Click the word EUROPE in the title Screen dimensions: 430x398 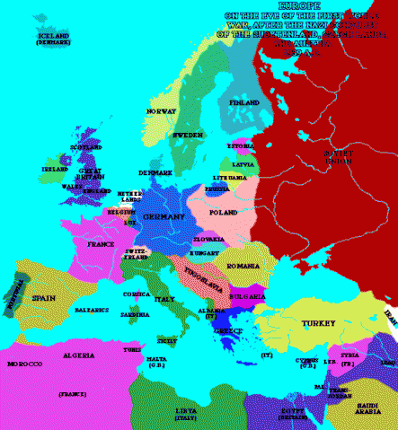(x=305, y=6)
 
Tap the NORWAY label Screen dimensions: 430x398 (x=161, y=110)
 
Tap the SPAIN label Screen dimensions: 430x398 (x=45, y=297)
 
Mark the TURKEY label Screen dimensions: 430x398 (x=318, y=323)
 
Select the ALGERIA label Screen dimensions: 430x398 (x=79, y=355)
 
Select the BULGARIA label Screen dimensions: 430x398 (x=247, y=294)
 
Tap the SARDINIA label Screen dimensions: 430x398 (x=136, y=315)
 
